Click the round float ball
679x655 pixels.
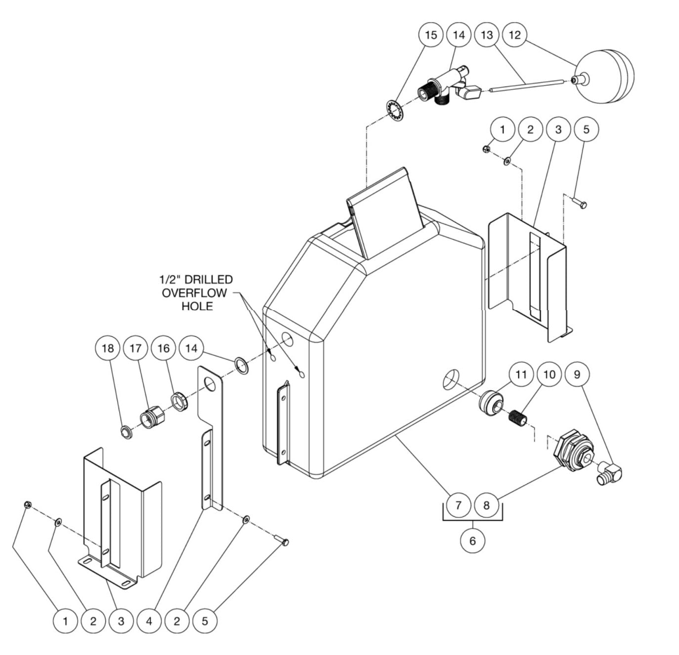(605, 78)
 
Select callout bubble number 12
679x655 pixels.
(514, 35)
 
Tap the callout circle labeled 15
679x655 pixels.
(431, 35)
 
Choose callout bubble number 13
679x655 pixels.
(487, 35)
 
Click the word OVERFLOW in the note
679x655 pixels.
(194, 293)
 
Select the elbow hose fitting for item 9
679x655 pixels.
(611, 473)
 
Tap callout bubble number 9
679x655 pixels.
(577, 375)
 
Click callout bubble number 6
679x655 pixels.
(472, 541)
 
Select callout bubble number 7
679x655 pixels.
(459, 505)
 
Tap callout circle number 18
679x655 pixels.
(107, 348)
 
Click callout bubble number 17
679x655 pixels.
(135, 348)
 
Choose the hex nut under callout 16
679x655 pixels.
(178, 401)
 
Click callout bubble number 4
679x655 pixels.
(149, 621)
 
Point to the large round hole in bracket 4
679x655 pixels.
(212, 384)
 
